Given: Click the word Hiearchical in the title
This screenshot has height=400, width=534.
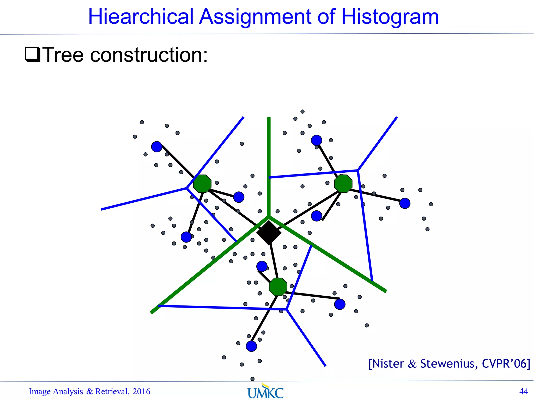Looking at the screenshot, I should pyautogui.click(x=141, y=17).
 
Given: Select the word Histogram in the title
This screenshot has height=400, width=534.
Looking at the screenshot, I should pyautogui.click(x=390, y=17).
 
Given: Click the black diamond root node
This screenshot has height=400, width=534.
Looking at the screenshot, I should pyautogui.click(x=269, y=233).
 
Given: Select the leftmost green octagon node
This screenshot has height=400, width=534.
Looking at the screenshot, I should pyautogui.click(x=202, y=184).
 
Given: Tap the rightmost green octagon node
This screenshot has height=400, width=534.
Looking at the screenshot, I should pyautogui.click(x=343, y=184).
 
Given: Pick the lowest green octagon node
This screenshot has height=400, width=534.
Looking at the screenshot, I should pyautogui.click(x=278, y=287).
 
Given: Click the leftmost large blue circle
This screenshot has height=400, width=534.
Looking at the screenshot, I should pyautogui.click(x=157, y=147).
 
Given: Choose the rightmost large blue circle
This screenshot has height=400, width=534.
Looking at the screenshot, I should pyautogui.click(x=405, y=203).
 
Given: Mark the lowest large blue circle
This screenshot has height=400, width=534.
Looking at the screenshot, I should pyautogui.click(x=251, y=346).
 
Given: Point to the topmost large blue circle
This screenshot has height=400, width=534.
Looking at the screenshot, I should pyautogui.click(x=317, y=140).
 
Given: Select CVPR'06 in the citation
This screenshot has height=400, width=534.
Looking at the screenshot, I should pyautogui.click(x=506, y=364).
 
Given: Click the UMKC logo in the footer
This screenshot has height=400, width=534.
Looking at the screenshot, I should pyautogui.click(x=265, y=391).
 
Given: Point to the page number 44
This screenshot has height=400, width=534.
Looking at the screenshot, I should pyautogui.click(x=524, y=391).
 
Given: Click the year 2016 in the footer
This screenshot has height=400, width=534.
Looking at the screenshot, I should pyautogui.click(x=141, y=391).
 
